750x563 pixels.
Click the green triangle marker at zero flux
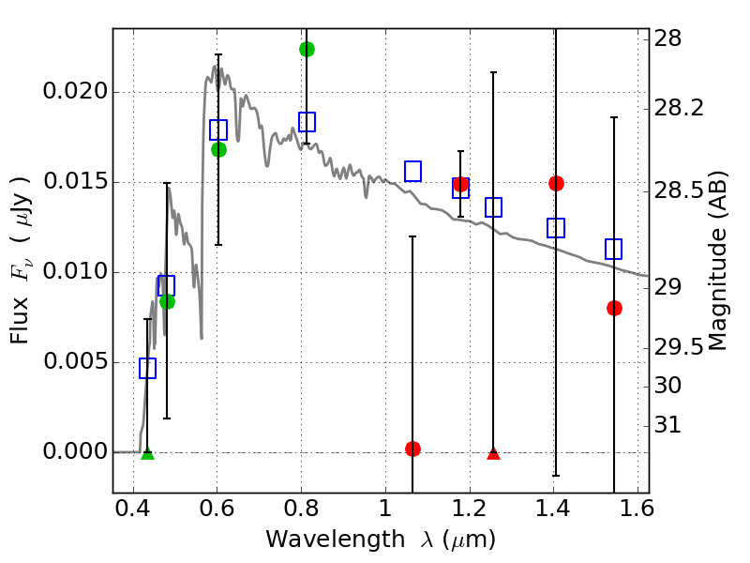[x=147, y=453]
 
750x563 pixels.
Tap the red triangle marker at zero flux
[x=494, y=453]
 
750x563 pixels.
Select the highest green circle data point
[x=307, y=49]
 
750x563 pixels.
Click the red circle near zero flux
[x=412, y=449]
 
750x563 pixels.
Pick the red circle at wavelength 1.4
[x=556, y=183]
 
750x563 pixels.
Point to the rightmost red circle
[x=614, y=308]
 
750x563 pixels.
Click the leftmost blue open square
[x=147, y=368]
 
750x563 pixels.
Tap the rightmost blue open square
[x=614, y=249]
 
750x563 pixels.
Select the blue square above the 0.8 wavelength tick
[x=307, y=122]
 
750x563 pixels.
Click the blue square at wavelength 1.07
[x=412, y=171]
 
